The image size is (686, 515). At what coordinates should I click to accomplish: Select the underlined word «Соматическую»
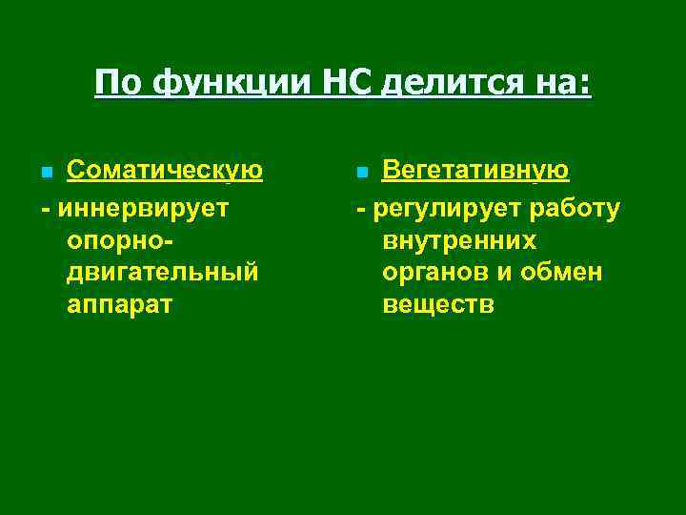[164, 171]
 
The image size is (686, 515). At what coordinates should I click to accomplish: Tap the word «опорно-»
[124, 240]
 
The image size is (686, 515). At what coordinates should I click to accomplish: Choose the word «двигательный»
[163, 273]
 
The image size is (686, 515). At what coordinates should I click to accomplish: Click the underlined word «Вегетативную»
[475, 171]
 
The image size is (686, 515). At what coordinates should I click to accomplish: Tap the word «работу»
[570, 207]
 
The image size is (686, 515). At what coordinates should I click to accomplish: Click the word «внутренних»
[459, 240]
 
